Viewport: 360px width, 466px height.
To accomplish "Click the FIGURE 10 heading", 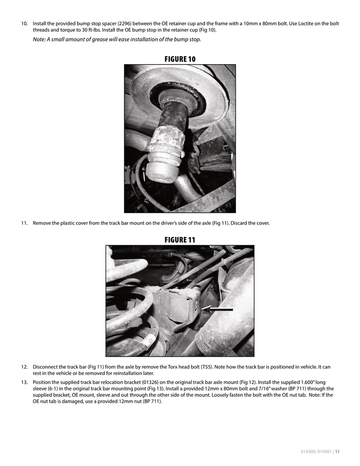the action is pos(180,59).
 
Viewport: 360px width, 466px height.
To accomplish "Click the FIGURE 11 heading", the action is pos(180,239).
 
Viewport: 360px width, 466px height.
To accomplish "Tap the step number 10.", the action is pos(24,24).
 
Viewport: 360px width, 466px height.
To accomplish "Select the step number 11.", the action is pos(24,223).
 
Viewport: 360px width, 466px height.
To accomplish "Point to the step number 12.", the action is pos(24,367).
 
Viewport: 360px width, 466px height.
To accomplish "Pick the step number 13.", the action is pos(24,382).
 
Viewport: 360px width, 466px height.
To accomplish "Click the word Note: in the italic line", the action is pos(39,39).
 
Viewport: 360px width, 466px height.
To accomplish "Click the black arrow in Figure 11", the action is pos(218,309).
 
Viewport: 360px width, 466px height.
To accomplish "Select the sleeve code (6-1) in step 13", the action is pos(53,389).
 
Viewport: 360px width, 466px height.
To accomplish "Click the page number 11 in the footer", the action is pos(337,451).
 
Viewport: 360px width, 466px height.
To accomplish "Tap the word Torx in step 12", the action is pos(172,367).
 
